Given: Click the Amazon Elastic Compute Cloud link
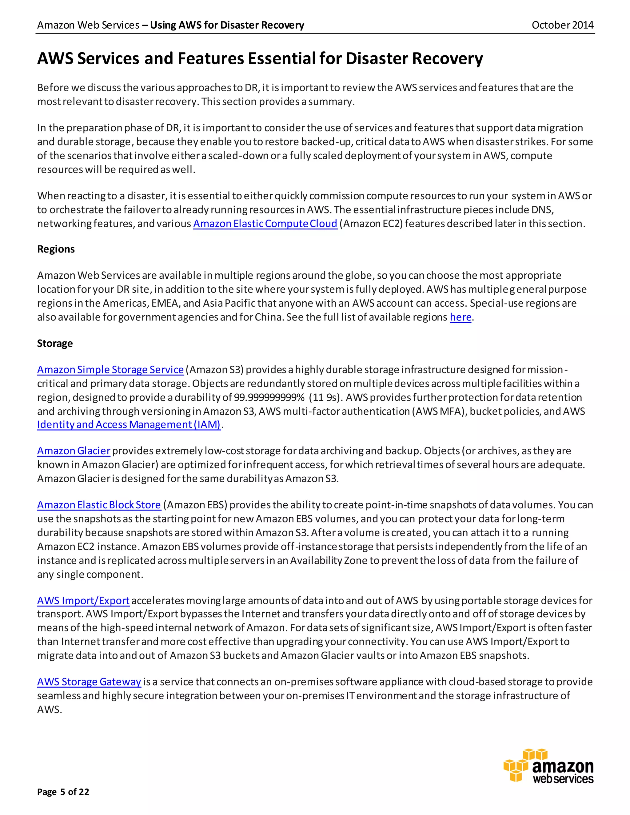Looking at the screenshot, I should click(265, 224).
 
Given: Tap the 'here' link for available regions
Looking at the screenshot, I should click(461, 317).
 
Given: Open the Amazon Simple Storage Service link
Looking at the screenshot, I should click(110, 369).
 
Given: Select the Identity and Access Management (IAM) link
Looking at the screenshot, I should click(129, 425).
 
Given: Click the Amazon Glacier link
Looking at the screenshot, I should click(74, 451).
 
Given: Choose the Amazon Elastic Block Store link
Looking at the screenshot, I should click(99, 505).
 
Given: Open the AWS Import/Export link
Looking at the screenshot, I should click(83, 600).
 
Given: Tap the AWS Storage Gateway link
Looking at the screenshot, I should click(89, 682).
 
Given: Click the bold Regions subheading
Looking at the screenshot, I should click(56, 249).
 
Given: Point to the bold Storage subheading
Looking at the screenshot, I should click(55, 343).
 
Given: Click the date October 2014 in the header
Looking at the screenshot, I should click(562, 25).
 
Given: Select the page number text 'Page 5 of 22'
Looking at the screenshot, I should click(63, 792).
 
